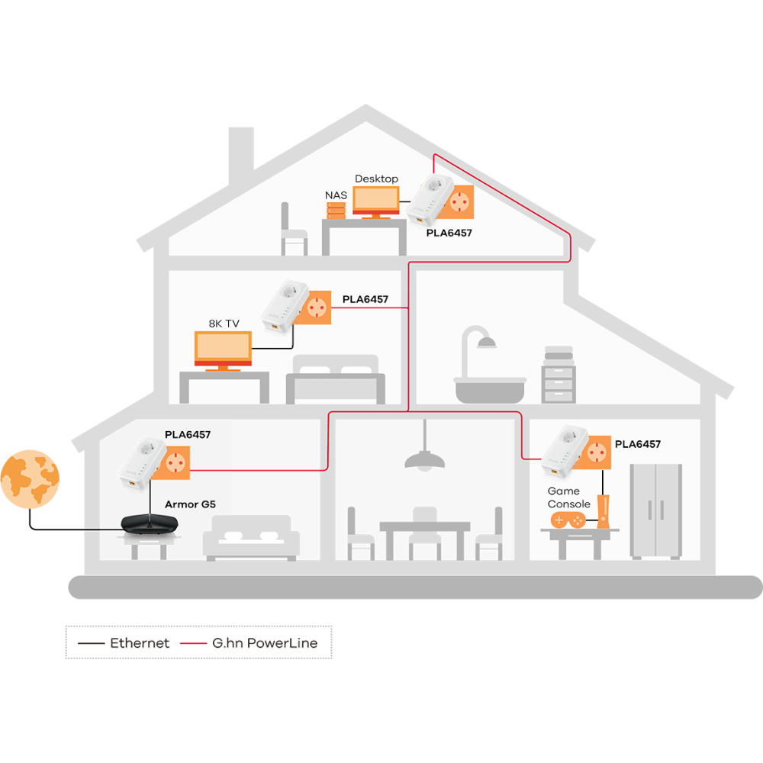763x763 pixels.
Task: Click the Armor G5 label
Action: pyautogui.click(x=191, y=504)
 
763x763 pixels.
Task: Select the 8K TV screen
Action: pyautogui.click(x=223, y=348)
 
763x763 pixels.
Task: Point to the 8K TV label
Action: pyautogui.click(x=224, y=324)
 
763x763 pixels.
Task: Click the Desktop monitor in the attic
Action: pyautogui.click(x=375, y=199)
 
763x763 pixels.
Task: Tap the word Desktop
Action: pyautogui.click(x=376, y=179)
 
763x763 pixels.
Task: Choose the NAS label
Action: pyautogui.click(x=336, y=195)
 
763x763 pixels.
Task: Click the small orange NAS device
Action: pyautogui.click(x=336, y=209)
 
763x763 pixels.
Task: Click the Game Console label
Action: pyautogui.click(x=568, y=497)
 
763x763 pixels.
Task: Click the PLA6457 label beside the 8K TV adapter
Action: pyautogui.click(x=365, y=300)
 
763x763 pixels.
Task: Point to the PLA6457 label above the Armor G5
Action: pyautogui.click(x=188, y=435)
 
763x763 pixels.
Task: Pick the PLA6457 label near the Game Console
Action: pyautogui.click(x=637, y=444)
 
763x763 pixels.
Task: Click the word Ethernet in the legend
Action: pyautogui.click(x=140, y=643)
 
